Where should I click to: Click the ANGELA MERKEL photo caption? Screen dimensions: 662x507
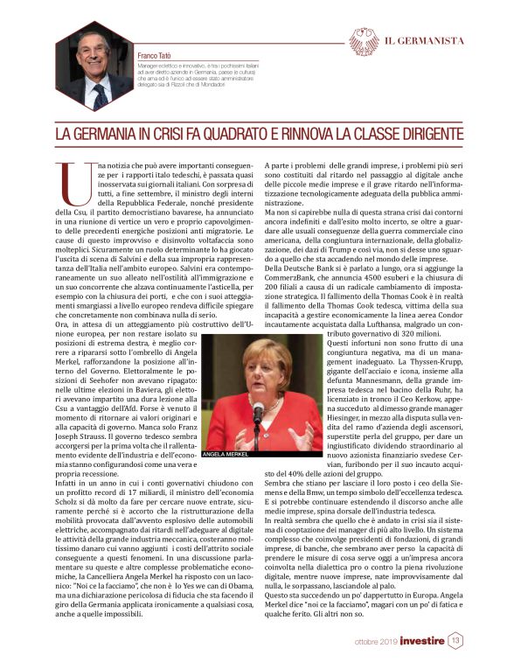[226, 456]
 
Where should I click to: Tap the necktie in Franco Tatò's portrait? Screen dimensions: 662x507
[99, 90]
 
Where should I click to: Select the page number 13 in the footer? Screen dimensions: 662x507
[455, 640]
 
